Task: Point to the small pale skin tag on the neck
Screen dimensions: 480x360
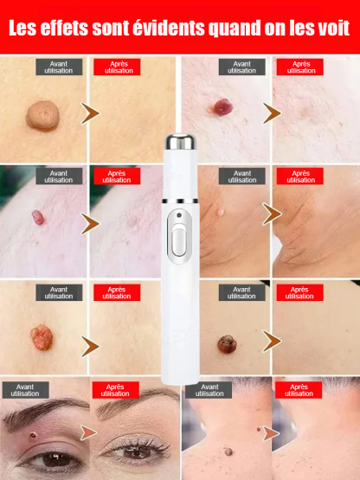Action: (x=221, y=209)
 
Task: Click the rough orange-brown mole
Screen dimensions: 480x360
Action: (x=40, y=335)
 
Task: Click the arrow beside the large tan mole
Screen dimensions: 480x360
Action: (x=88, y=112)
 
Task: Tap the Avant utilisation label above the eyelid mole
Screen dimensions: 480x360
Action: (x=25, y=389)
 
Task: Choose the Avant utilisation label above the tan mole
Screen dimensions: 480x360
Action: (x=59, y=67)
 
